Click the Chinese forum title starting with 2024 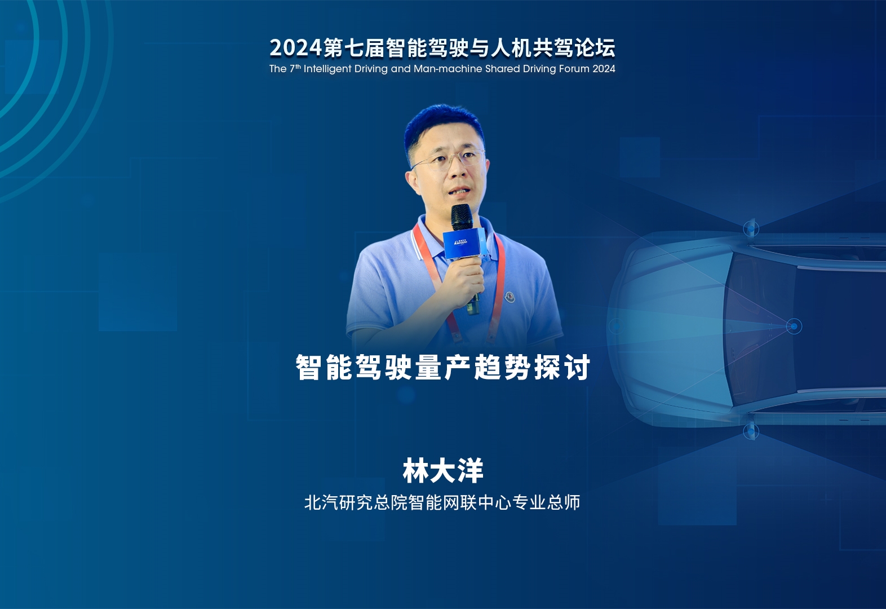442,48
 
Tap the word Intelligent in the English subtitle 327,69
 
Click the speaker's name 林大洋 443,471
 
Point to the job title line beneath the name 442,502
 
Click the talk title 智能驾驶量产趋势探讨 443,367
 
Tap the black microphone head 462,217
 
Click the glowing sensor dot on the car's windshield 794,326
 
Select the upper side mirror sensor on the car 751,228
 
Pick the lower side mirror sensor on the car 751,431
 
